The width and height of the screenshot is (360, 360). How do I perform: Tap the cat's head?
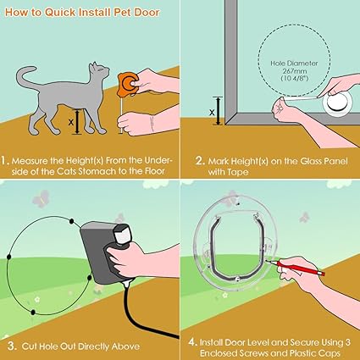[99, 71]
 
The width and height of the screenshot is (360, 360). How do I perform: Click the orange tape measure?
[129, 82]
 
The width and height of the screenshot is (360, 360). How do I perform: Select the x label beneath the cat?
[71, 122]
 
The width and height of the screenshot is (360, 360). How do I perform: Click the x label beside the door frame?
[212, 113]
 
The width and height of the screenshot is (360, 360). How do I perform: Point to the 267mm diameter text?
[295, 71]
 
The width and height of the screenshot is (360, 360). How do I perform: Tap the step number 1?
[5, 161]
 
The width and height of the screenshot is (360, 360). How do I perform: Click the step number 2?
[200, 161]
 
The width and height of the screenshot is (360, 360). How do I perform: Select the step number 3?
[12, 346]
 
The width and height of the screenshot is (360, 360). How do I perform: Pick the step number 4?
[192, 342]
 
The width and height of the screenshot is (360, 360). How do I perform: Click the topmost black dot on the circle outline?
[72, 221]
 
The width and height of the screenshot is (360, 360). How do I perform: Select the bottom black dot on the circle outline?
[33, 313]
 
